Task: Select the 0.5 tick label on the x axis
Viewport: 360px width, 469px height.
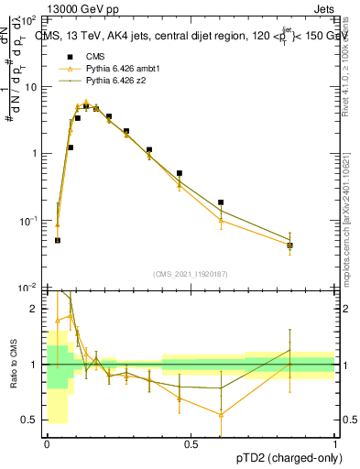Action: pyautogui.click(x=191, y=444)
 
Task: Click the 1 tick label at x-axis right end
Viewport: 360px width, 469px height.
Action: pyautogui.click(x=334, y=444)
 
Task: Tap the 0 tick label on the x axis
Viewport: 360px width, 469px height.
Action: pyautogui.click(x=47, y=444)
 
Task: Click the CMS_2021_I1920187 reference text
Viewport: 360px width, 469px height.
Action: pyautogui.click(x=190, y=274)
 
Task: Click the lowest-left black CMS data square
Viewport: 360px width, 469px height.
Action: pyautogui.click(x=58, y=240)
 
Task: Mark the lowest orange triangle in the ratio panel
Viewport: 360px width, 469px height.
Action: pyautogui.click(x=221, y=414)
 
